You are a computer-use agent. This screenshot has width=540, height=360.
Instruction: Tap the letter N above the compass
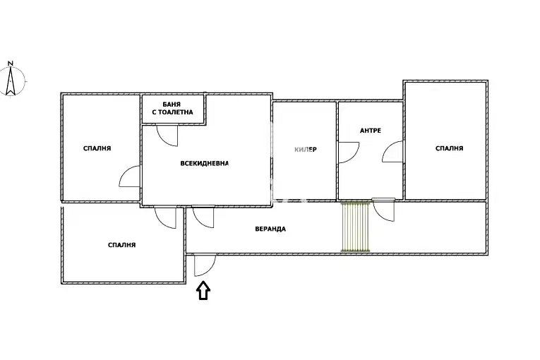click(x=11, y=64)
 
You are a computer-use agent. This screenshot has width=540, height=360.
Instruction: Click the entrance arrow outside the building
click(x=203, y=290)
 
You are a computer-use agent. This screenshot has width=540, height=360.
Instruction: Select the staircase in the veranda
click(x=355, y=227)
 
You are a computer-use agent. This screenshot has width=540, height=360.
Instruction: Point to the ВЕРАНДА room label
click(x=270, y=229)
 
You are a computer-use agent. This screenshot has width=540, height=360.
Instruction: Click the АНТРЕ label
click(x=371, y=131)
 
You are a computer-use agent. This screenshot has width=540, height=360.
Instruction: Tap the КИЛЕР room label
click(x=306, y=150)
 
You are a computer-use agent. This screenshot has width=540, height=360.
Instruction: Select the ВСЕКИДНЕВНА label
click(x=205, y=163)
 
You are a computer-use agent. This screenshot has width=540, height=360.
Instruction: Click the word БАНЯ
click(x=172, y=104)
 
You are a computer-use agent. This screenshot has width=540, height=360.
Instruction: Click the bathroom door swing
click(x=167, y=136)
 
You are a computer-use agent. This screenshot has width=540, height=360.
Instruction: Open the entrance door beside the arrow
click(x=205, y=265)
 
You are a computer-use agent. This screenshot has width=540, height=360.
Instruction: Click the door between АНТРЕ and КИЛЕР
click(x=349, y=152)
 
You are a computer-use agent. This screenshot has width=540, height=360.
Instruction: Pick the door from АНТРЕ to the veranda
click(x=384, y=210)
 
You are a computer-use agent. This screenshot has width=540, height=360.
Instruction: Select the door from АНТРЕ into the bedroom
click(x=393, y=152)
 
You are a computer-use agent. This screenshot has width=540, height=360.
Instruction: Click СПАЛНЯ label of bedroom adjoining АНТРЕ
click(x=449, y=148)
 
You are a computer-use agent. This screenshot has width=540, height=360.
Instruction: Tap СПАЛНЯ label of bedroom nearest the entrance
click(x=122, y=245)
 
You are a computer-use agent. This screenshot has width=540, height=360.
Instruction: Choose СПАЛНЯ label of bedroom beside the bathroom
click(x=97, y=148)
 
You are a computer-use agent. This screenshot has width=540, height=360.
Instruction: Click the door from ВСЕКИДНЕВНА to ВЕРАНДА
click(x=203, y=217)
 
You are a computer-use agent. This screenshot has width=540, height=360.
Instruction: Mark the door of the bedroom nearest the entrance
click(x=166, y=217)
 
